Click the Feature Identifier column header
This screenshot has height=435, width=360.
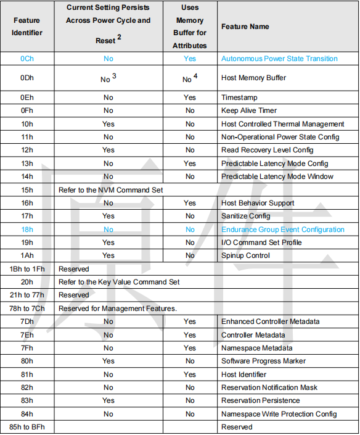pyautogui.click(x=27, y=27)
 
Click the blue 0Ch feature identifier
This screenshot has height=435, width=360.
pyautogui.click(x=27, y=59)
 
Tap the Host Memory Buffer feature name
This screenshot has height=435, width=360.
pyautogui.click(x=253, y=78)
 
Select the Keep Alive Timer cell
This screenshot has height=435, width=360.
pyautogui.click(x=249, y=110)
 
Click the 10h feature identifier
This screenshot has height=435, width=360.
pyautogui.click(x=27, y=124)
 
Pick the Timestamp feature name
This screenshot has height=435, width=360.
pyautogui.click(x=239, y=97)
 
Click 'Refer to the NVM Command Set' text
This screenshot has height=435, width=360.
pyautogui.click(x=110, y=190)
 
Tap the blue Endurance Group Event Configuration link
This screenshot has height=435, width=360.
pyautogui.click(x=283, y=230)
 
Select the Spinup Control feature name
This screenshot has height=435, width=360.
pyautogui.click(x=245, y=255)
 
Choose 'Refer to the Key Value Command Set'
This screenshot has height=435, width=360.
pyautogui.click(x=119, y=282)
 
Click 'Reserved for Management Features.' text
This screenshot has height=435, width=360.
pyautogui.click(x=118, y=309)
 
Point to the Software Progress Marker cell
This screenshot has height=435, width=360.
pyautogui.click(x=263, y=361)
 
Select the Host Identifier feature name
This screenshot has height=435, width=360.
pyautogui.click(x=243, y=375)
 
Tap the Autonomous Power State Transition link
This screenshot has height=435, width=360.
pyautogui.click(x=279, y=59)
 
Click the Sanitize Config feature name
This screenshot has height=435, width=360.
pyautogui.click(x=246, y=216)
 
